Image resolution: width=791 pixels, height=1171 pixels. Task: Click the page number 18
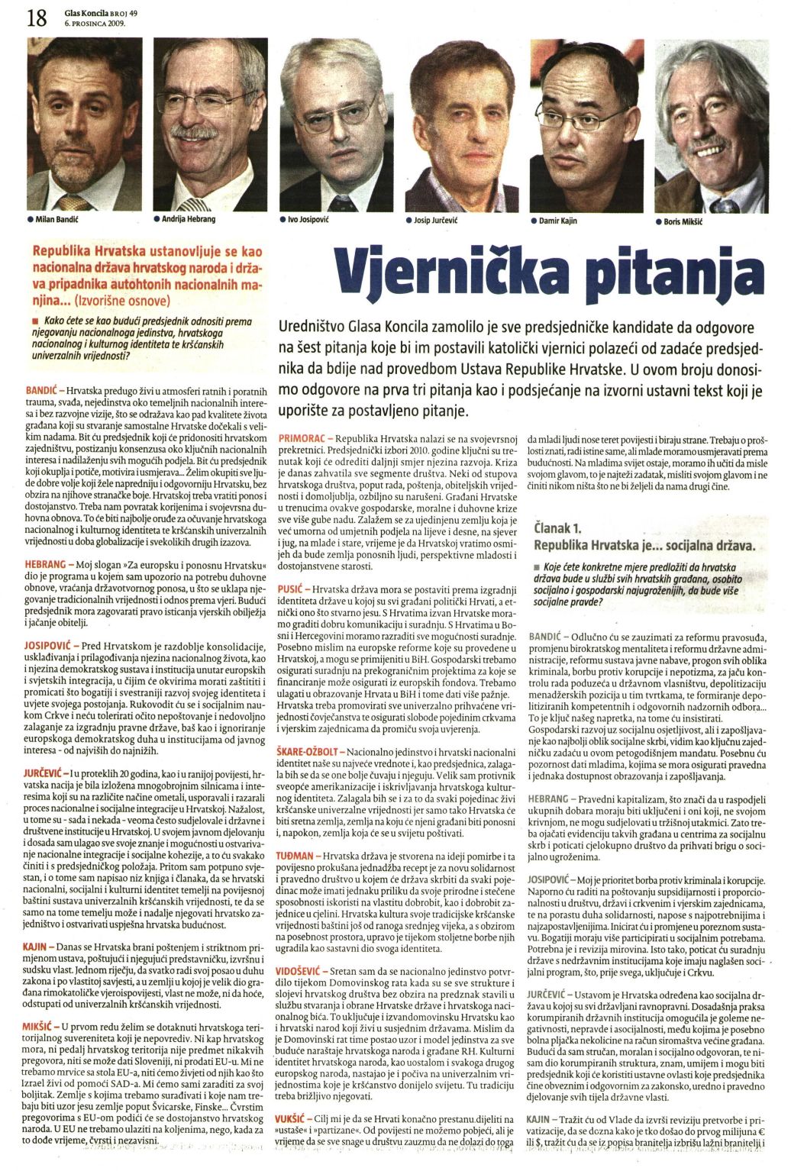pos(36,16)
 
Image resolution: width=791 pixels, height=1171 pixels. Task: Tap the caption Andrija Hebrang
pos(188,219)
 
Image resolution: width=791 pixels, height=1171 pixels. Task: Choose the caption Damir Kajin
pos(561,221)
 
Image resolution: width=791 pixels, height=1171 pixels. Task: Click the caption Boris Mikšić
pos(683,221)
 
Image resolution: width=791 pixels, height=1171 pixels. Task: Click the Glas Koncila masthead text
pos(85,12)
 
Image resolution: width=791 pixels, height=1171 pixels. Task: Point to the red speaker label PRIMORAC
pos(303,440)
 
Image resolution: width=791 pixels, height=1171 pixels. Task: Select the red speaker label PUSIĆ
pos(292,590)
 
